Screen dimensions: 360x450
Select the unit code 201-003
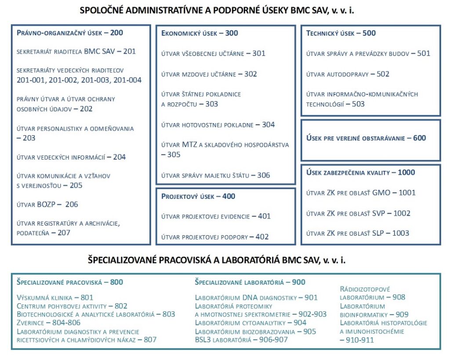pos(97,80)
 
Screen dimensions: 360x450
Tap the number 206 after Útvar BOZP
pos(71,204)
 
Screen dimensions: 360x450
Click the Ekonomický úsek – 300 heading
pos(200,33)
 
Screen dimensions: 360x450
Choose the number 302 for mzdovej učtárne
pos(250,74)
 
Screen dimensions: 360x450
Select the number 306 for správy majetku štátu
pos(264,175)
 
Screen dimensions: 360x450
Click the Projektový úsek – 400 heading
pos(198,196)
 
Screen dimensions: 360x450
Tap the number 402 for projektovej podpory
pos(262,237)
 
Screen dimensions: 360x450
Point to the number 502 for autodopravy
pos(383,74)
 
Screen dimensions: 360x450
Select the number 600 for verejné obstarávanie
pos(420,138)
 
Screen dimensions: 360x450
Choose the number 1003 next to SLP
pos(401,233)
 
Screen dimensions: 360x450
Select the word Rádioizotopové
pos(365,289)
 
